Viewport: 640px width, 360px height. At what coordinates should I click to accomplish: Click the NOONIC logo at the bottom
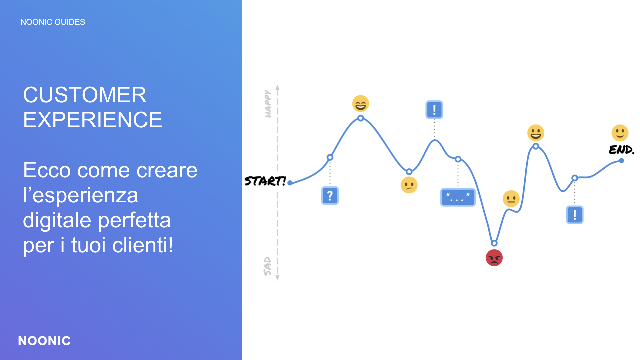click(x=44, y=341)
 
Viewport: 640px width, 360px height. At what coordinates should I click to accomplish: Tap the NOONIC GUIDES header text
click(x=53, y=22)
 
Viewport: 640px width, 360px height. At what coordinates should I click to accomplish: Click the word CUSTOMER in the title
click(x=85, y=95)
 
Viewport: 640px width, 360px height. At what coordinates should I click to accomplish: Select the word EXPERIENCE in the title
click(x=93, y=120)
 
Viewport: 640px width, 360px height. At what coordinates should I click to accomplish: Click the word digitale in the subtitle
click(x=57, y=220)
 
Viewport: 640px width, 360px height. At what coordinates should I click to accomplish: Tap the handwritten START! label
click(x=265, y=181)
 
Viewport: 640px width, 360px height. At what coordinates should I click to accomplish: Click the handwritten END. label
click(x=621, y=150)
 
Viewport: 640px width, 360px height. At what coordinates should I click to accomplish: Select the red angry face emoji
click(x=494, y=258)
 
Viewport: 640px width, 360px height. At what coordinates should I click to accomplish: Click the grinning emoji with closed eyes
click(x=360, y=104)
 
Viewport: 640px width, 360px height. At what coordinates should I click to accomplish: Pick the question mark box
click(x=330, y=195)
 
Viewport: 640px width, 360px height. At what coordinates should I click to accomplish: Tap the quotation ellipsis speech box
click(x=458, y=197)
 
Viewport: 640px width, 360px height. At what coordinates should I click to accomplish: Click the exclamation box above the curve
click(x=434, y=110)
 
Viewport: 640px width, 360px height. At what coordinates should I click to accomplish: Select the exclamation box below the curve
click(x=575, y=215)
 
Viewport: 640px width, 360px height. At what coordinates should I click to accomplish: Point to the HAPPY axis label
click(x=268, y=104)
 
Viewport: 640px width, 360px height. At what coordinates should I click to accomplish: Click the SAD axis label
click(x=267, y=266)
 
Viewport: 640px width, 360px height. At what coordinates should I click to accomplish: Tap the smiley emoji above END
click(x=620, y=133)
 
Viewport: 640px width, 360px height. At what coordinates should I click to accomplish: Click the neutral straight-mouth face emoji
click(x=511, y=199)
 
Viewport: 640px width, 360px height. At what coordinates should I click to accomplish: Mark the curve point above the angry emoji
click(x=494, y=243)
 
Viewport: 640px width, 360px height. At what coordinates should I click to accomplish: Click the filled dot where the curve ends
click(x=621, y=161)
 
